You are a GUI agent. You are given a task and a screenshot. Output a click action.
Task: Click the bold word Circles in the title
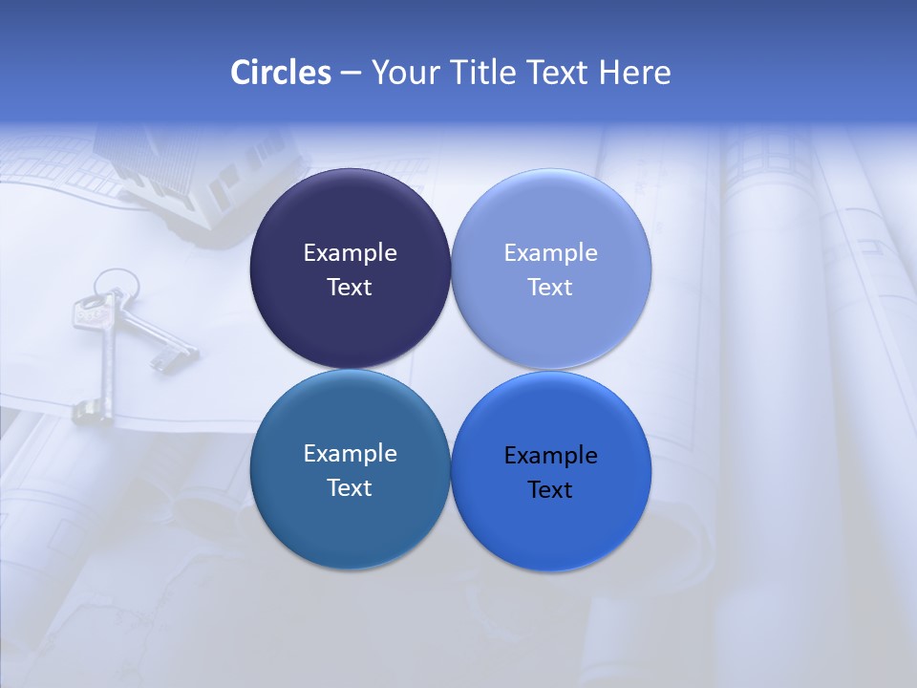coord(281,73)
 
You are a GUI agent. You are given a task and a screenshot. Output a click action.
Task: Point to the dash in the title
coord(351,74)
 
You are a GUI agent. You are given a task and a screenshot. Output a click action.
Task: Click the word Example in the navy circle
coord(350,253)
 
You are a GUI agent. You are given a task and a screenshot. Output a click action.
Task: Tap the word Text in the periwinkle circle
coord(550,288)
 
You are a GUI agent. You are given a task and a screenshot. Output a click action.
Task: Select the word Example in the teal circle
coord(350,454)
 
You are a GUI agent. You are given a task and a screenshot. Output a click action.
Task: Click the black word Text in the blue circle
coord(550,490)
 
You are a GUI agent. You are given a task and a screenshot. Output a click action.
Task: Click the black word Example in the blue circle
coord(550,456)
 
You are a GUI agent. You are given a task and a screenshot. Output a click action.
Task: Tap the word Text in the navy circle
coord(350,288)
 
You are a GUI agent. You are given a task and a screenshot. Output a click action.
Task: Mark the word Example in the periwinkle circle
coord(550,253)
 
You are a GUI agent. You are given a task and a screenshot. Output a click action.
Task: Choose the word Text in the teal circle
coord(350,488)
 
